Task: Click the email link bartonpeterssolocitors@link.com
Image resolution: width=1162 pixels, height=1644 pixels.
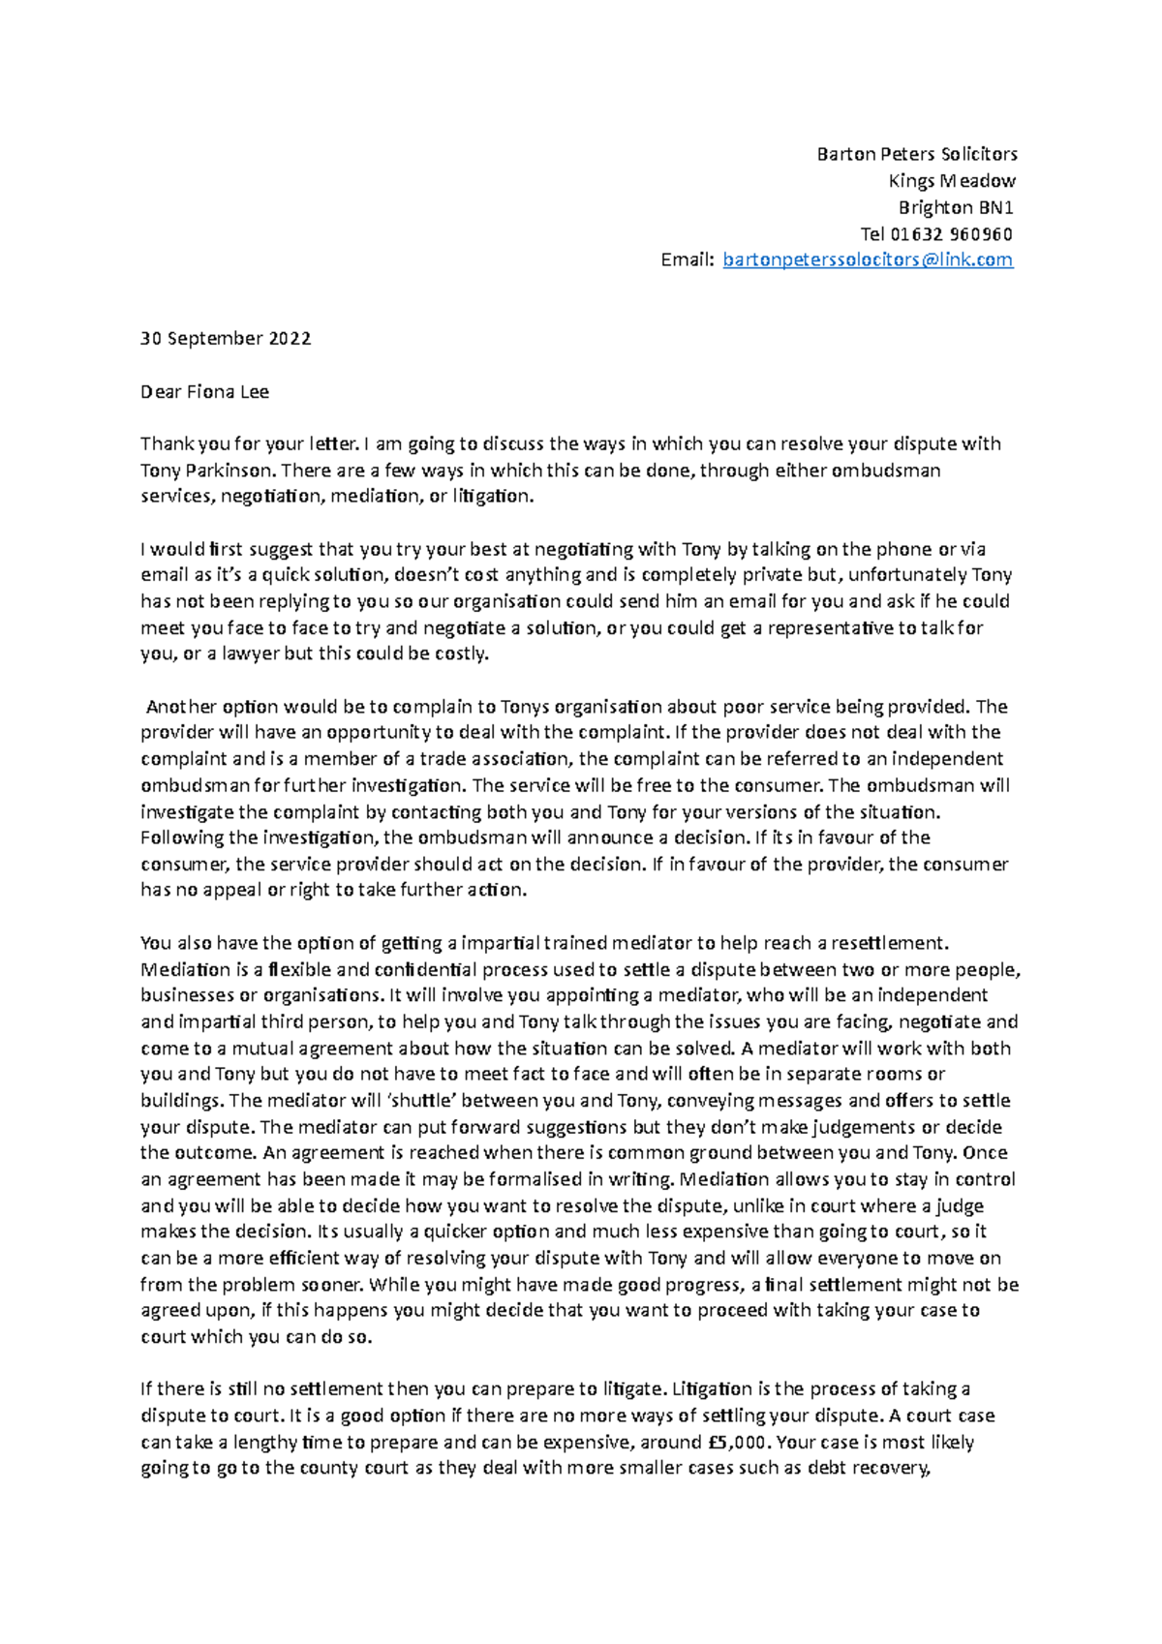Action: click(868, 259)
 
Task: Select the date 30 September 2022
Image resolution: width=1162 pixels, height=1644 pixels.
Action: click(226, 339)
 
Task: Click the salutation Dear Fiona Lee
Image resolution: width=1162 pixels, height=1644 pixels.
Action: click(204, 392)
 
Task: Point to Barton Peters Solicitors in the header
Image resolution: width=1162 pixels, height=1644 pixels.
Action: click(916, 154)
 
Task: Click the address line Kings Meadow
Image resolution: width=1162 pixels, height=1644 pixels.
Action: click(952, 181)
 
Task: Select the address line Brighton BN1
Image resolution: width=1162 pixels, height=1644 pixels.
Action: click(956, 207)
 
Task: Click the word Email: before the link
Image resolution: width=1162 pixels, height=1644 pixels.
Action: click(688, 259)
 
